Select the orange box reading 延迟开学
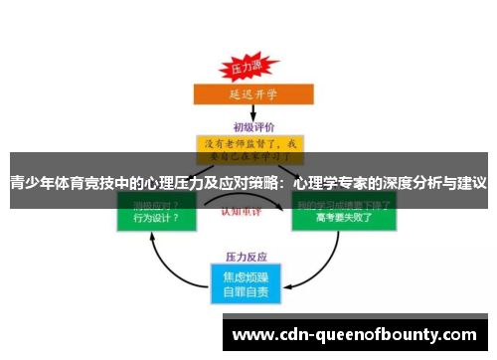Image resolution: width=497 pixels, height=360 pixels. (x=248, y=94)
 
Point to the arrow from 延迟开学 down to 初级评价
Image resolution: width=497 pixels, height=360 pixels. (x=248, y=113)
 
